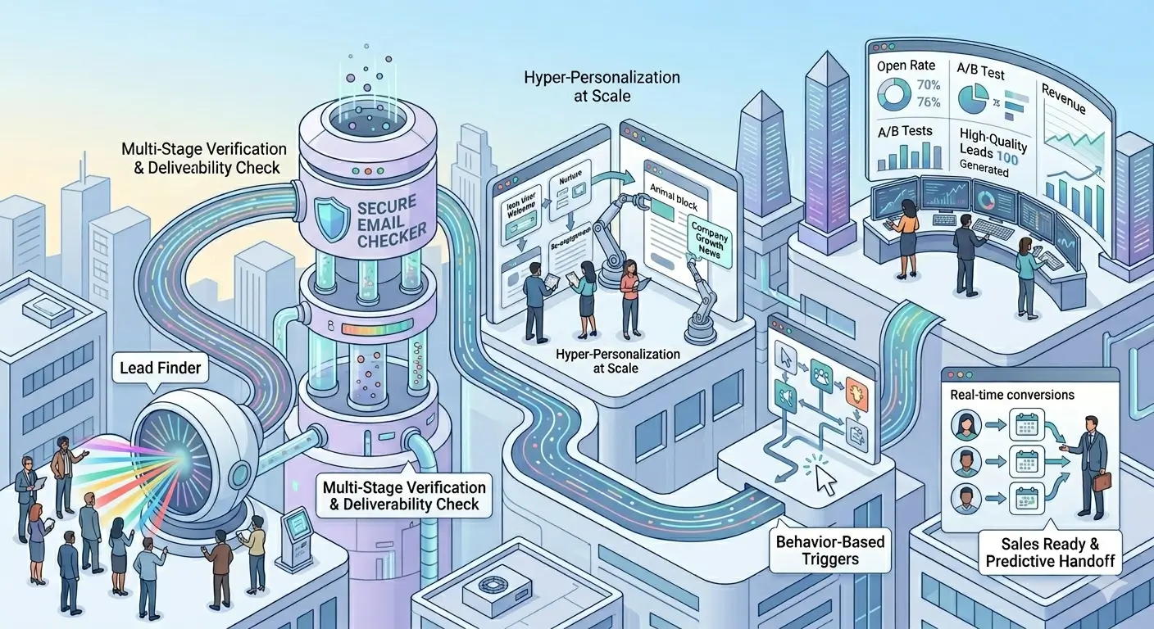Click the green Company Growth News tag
(706, 238)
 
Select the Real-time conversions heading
(1011, 395)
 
